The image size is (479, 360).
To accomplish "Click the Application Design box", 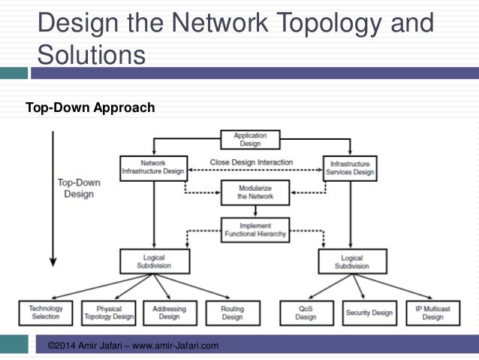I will tap(250, 140).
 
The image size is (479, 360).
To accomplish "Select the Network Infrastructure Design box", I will tap(153, 166).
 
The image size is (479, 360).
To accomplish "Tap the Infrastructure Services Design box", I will tap(349, 166).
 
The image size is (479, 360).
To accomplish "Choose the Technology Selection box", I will tap(46, 313).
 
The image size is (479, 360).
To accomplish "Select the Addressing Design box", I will tap(169, 313).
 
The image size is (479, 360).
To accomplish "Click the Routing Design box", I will tap(233, 313).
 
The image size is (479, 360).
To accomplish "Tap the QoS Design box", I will tap(306, 313).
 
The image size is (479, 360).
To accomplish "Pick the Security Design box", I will tap(369, 313).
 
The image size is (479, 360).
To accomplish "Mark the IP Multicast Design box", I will tap(432, 313).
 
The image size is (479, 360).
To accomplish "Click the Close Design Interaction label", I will tap(251, 162).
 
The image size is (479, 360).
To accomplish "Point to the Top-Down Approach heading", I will tap(90, 108).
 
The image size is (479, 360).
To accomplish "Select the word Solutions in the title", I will tap(92, 55).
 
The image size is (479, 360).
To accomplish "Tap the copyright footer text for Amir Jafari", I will tap(133, 346).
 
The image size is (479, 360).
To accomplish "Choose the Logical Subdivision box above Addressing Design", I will tap(154, 261).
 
